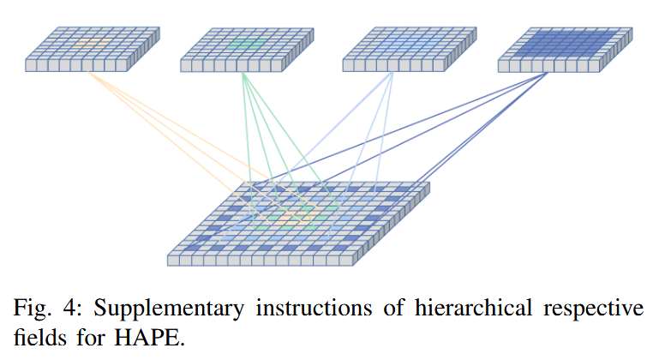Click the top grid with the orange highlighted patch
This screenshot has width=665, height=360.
tap(93, 49)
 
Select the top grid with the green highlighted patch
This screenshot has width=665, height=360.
tap(247, 49)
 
